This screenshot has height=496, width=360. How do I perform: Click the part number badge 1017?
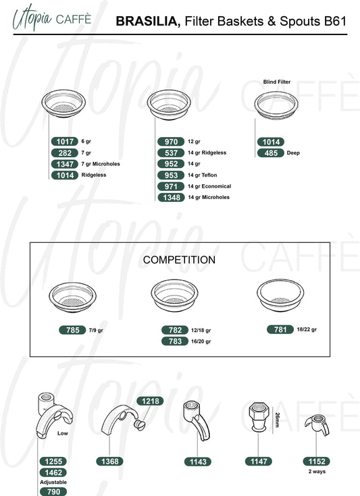65,142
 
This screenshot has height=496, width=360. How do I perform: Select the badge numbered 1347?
65,164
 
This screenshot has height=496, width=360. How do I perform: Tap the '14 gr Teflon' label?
203,175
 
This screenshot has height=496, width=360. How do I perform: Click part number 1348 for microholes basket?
172,197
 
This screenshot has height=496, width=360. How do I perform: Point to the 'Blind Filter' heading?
277,82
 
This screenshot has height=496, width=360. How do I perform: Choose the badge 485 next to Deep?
271,153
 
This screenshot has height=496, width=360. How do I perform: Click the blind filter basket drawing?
276,105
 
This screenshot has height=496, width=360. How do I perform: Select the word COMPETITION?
179,260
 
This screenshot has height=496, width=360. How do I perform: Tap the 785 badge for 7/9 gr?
72,330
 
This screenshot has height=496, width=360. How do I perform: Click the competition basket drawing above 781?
280,294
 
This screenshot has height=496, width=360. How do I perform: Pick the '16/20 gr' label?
201,341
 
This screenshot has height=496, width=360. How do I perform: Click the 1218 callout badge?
150,401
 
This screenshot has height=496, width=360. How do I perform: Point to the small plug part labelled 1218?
140,425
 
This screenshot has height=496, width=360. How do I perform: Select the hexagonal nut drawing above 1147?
259,416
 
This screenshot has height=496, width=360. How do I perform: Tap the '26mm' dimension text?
278,420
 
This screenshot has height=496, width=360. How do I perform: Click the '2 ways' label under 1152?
317,471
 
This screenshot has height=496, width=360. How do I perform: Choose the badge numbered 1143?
198,462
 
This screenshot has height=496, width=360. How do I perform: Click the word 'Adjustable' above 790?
53,482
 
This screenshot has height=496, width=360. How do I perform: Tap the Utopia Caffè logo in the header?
52,18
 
